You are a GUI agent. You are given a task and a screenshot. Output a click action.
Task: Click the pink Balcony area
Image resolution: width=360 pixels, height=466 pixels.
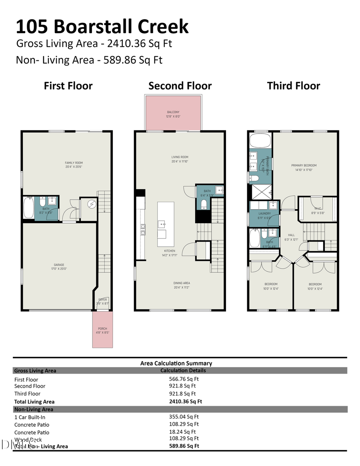tap(173, 114)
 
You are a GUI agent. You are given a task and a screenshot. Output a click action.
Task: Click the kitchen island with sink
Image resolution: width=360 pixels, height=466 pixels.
tap(166, 224)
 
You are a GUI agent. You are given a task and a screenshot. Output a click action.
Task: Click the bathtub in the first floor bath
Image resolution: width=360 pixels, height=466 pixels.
tap(29, 208)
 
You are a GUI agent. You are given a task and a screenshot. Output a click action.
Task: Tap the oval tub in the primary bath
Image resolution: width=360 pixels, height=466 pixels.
tap(260, 141)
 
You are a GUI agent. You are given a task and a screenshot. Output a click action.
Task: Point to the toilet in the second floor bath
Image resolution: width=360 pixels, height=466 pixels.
tap(204, 205)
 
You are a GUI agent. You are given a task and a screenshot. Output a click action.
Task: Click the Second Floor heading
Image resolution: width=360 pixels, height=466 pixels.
tap(180, 86)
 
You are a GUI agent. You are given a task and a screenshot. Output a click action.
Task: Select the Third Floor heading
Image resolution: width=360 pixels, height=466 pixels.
tap(294, 86)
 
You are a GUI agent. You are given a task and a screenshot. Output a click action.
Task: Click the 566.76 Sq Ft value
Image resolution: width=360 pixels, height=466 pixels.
tap(184, 379)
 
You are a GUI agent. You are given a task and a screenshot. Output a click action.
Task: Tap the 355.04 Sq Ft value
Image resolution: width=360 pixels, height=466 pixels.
tap(184, 416)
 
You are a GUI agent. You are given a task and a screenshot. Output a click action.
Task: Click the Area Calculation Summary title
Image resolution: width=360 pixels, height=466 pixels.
tap(176, 363)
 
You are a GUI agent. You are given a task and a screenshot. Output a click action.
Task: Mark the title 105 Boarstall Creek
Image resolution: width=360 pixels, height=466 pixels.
tap(102, 27)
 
